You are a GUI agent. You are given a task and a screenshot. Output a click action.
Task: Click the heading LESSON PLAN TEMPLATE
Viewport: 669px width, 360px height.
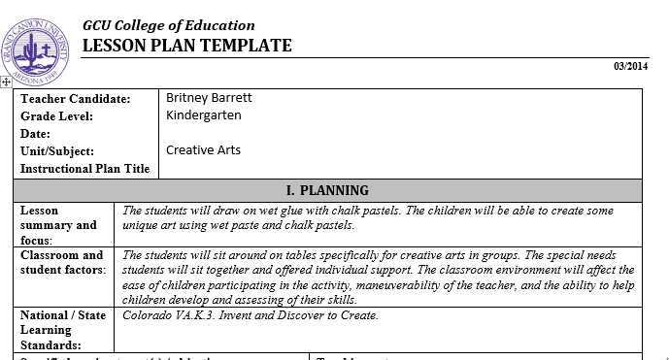pos(186,46)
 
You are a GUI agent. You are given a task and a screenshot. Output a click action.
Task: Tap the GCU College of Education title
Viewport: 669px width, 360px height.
pos(169,25)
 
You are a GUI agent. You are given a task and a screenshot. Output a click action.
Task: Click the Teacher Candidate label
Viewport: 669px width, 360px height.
pos(75,99)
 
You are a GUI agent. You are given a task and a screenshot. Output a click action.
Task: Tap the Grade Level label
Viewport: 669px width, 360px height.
pos(57,116)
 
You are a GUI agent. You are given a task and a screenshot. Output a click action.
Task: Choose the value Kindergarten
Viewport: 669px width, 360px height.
pos(204,115)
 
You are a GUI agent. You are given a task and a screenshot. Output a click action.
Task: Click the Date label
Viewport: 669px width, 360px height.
pos(35,134)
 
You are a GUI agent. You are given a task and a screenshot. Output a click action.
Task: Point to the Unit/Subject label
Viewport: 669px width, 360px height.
pos(57,151)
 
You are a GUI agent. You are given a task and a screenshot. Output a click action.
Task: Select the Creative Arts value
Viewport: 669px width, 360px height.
pos(203,150)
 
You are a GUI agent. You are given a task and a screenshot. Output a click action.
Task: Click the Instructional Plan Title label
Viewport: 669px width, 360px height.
pos(85,169)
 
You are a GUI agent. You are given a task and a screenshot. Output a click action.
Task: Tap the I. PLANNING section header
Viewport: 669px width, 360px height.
pos(327,190)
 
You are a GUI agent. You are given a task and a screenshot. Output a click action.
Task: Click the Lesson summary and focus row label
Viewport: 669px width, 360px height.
pos(58,225)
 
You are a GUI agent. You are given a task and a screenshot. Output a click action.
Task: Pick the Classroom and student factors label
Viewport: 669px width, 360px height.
pos(62,262)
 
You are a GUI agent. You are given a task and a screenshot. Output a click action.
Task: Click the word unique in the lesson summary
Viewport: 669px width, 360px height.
pos(143,225)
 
